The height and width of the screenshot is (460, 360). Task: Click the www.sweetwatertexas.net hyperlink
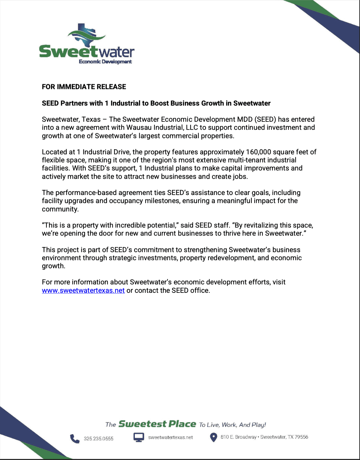(83, 291)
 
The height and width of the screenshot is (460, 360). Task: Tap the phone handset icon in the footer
(75, 438)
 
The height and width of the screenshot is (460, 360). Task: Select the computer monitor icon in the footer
(139, 437)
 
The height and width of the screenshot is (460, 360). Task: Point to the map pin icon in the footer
(213, 437)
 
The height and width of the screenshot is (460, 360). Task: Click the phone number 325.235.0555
(99, 439)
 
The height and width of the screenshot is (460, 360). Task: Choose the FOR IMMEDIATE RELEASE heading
(84, 87)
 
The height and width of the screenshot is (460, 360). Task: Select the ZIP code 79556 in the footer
(301, 437)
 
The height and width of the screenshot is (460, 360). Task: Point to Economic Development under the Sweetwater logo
(105, 62)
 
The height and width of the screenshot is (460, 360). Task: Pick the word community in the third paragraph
(60, 209)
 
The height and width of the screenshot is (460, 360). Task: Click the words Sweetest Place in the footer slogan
(157, 424)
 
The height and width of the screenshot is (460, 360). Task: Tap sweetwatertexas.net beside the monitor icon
(171, 437)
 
